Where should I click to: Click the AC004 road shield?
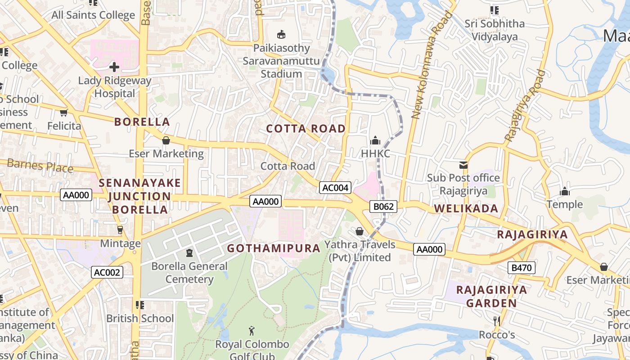click(335, 188)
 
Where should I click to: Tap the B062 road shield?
click(384, 207)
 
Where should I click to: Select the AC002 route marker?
click(108, 272)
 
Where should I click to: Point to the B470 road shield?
click(522, 268)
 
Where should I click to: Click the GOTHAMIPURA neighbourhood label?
click(274, 248)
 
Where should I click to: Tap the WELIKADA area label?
click(466, 208)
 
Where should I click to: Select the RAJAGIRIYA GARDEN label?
click(491, 296)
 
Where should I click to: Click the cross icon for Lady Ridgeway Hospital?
click(114, 67)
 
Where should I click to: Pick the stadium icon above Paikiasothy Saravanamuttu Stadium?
click(282, 34)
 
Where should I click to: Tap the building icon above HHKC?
click(375, 140)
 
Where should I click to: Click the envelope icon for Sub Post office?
click(463, 165)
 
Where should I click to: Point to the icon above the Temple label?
click(565, 192)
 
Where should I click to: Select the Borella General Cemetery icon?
click(189, 253)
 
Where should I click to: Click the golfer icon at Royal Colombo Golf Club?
click(252, 331)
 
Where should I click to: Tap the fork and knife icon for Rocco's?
click(496, 321)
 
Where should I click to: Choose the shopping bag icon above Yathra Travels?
click(360, 231)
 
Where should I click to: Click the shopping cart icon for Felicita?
click(64, 112)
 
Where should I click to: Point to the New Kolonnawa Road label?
click(432, 65)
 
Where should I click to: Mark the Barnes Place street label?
click(40, 165)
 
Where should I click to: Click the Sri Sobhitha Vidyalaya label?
click(495, 30)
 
